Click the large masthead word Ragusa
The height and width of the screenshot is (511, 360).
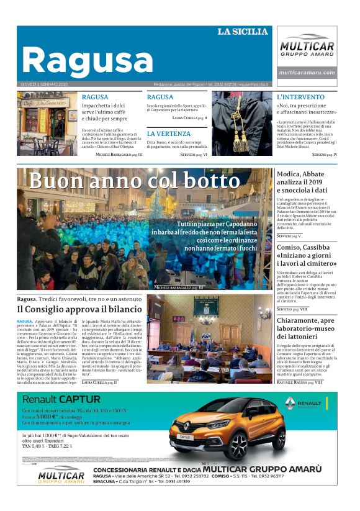(87, 61)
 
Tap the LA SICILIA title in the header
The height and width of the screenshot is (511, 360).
(243, 32)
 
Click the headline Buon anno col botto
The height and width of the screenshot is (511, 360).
(134, 181)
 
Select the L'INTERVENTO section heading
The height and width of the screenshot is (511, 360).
(301, 97)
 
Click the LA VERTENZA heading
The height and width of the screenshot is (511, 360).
(169, 133)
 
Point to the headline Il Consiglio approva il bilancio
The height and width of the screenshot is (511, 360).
(79, 309)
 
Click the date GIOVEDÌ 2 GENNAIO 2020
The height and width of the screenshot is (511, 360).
(45, 84)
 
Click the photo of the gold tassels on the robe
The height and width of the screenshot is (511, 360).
(242, 124)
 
